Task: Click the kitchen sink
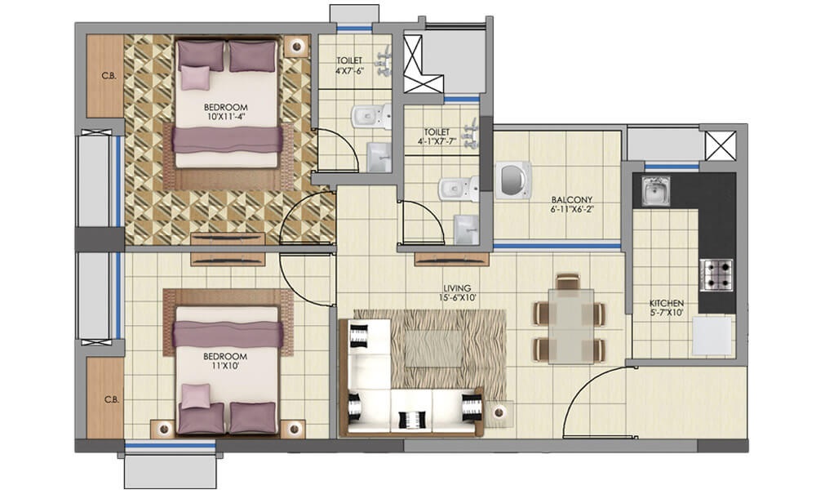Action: pos(655,191)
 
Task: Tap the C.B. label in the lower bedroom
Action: pos(109,400)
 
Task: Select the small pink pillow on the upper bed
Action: pos(196,77)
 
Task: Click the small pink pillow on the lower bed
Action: pos(196,397)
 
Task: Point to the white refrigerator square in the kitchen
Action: pos(712,336)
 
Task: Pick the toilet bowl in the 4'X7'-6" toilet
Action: pos(363,118)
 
